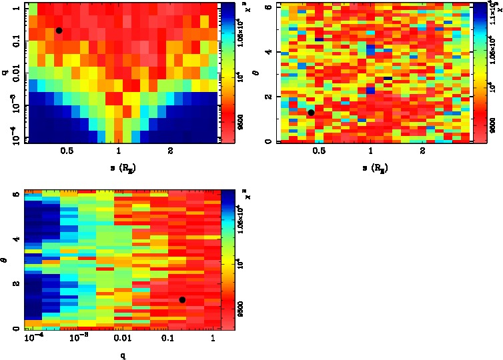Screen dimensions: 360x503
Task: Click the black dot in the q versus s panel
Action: click(x=59, y=31)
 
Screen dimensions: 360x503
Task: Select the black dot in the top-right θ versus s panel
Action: click(x=311, y=113)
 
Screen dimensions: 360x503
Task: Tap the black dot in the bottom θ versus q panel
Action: click(x=182, y=300)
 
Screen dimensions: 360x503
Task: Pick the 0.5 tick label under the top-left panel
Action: click(x=67, y=151)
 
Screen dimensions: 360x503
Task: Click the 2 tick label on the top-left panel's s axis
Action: click(x=171, y=151)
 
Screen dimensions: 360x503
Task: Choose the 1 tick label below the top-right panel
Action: click(x=370, y=151)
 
